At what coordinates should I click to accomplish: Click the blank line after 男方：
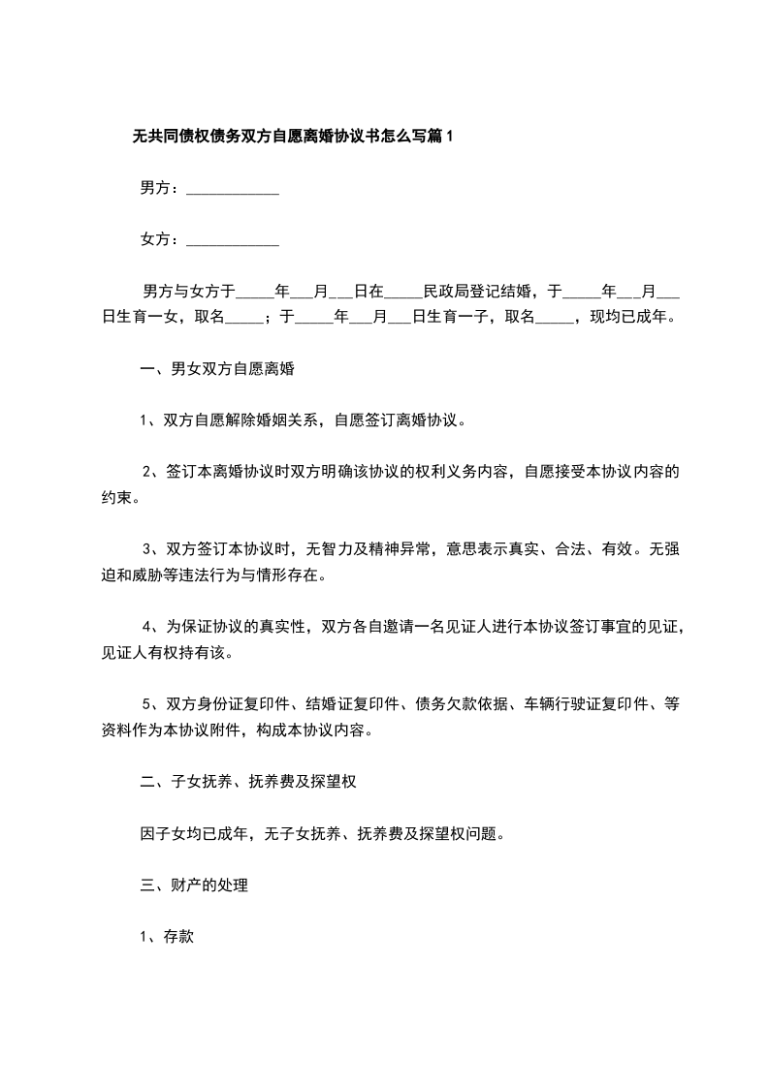click(x=232, y=190)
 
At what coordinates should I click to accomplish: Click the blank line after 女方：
click(x=232, y=240)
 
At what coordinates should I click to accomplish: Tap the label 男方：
click(x=160, y=189)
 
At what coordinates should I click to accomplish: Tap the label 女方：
click(x=160, y=239)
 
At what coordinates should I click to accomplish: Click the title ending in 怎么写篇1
click(x=293, y=138)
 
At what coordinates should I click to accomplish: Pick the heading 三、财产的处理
click(x=194, y=885)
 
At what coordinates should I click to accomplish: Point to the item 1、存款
click(x=168, y=937)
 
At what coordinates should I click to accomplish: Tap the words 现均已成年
click(x=627, y=316)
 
